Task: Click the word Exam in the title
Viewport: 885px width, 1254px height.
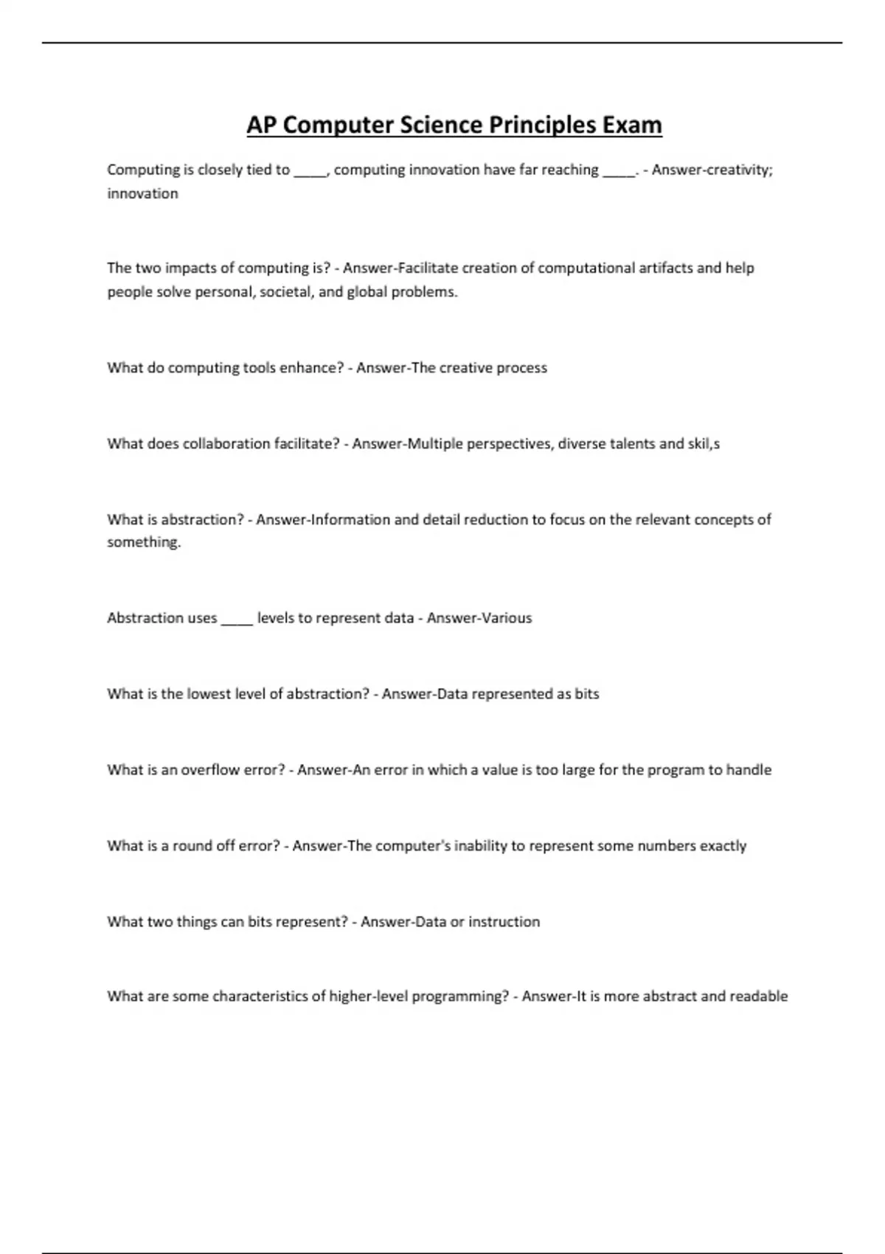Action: click(632, 125)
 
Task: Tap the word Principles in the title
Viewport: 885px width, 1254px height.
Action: click(542, 125)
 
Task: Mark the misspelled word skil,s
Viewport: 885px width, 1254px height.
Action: click(704, 443)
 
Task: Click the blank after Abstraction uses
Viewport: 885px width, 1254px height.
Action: click(237, 619)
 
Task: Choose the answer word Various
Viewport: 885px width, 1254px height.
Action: click(505, 617)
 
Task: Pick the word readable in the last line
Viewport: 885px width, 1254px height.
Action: click(759, 997)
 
